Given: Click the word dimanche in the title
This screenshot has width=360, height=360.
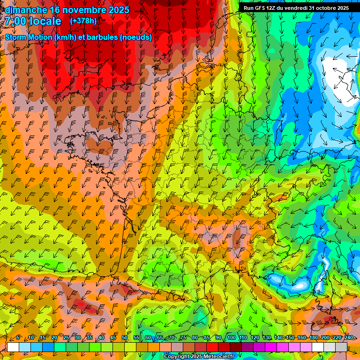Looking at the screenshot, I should point(26,10).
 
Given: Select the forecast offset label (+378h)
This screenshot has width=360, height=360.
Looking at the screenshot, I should point(83,21).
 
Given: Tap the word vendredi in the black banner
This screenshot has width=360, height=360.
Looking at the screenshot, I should point(294,8).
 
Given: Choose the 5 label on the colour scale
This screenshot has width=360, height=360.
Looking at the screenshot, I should point(18,338).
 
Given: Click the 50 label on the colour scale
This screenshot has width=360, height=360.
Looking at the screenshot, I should point(125,338).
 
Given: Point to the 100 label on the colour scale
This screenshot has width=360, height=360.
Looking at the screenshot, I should point(231,338).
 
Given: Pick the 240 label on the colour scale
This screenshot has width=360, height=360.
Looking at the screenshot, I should point(348,338).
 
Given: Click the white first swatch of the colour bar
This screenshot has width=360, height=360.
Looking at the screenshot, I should point(13,347).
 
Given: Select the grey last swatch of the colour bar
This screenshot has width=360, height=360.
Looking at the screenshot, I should point(342,347).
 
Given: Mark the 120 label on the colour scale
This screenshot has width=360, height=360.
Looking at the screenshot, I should point(255,338).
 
